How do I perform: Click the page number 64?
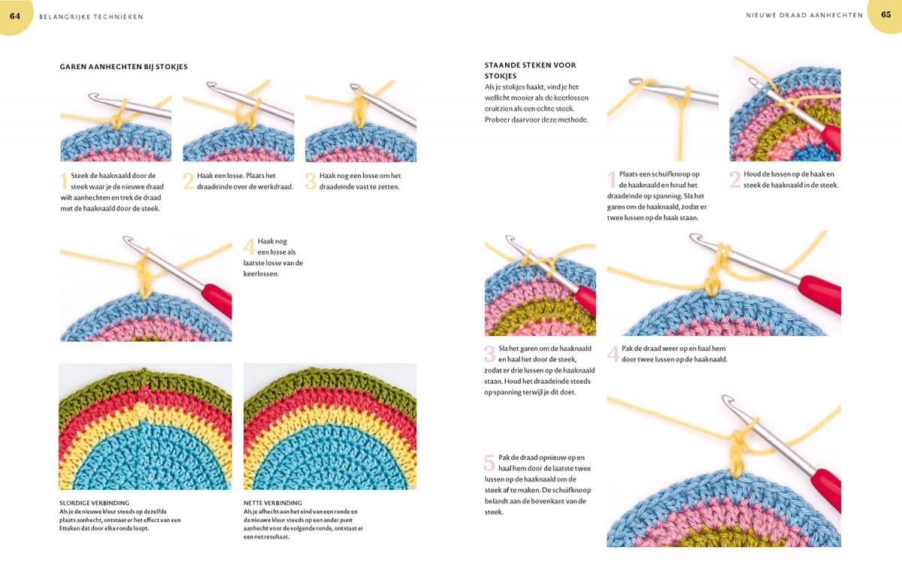point(15,16)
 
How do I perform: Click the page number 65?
point(885,15)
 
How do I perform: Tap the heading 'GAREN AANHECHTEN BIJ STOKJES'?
point(123,67)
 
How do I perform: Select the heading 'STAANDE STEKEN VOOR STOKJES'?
point(530,70)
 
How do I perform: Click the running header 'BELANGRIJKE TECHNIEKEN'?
point(91,17)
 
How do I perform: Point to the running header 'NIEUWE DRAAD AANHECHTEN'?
point(804,15)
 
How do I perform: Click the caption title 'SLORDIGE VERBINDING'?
point(94,503)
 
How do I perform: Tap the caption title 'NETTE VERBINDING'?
point(273,503)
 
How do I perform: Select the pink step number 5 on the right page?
point(489,463)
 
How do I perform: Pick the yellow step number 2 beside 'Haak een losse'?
point(189,180)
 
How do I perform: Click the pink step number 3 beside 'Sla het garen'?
point(489,354)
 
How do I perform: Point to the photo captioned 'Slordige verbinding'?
point(145,427)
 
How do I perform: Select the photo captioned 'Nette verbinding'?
point(329,427)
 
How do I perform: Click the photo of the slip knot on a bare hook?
point(662,109)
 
